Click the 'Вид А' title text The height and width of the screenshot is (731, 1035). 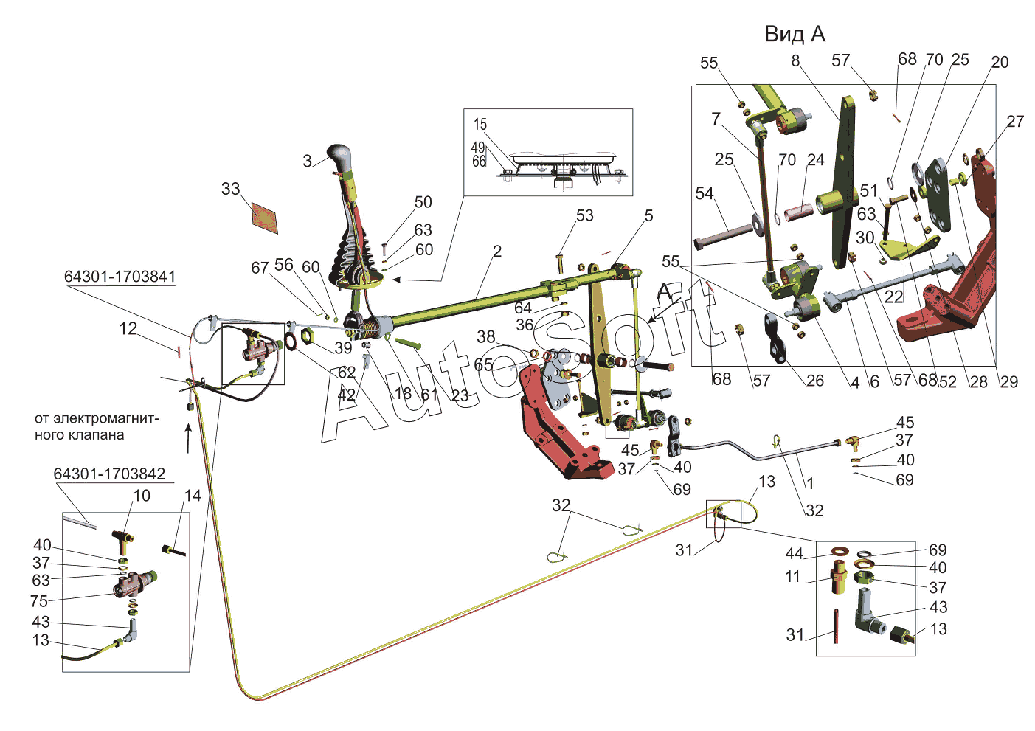click(795, 34)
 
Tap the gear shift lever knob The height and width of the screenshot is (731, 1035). click(339, 156)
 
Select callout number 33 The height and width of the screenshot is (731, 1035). click(231, 189)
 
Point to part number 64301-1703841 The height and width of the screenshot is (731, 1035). click(120, 277)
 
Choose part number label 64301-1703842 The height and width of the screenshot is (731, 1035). click(109, 474)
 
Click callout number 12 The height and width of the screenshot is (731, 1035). click(128, 328)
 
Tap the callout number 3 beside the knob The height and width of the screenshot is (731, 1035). click(308, 161)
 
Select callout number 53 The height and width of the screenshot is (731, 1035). click(584, 215)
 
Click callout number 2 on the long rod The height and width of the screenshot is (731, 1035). click(497, 252)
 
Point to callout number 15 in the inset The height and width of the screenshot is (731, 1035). click(480, 124)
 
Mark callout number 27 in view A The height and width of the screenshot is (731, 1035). click(1015, 121)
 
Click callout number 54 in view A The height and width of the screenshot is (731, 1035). click(705, 193)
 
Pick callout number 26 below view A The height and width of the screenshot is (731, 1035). click(814, 381)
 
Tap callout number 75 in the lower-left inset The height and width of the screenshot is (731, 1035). click(39, 601)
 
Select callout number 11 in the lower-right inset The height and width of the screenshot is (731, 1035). click(793, 576)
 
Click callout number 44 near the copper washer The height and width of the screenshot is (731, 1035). click(794, 553)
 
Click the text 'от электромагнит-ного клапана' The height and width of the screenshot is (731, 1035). click(96, 426)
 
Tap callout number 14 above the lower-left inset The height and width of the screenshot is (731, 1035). click(193, 496)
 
